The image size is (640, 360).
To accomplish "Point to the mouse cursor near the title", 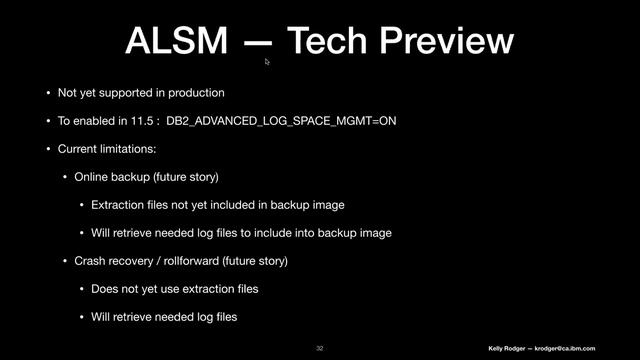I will (x=267, y=62).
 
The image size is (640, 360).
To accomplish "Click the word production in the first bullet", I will (x=191, y=93).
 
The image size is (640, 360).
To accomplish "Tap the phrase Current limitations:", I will (x=100, y=149).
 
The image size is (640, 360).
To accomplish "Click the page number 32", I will (x=320, y=347).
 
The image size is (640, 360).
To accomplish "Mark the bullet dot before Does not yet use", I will (x=81, y=289).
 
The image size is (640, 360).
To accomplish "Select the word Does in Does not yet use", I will (x=105, y=289).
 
